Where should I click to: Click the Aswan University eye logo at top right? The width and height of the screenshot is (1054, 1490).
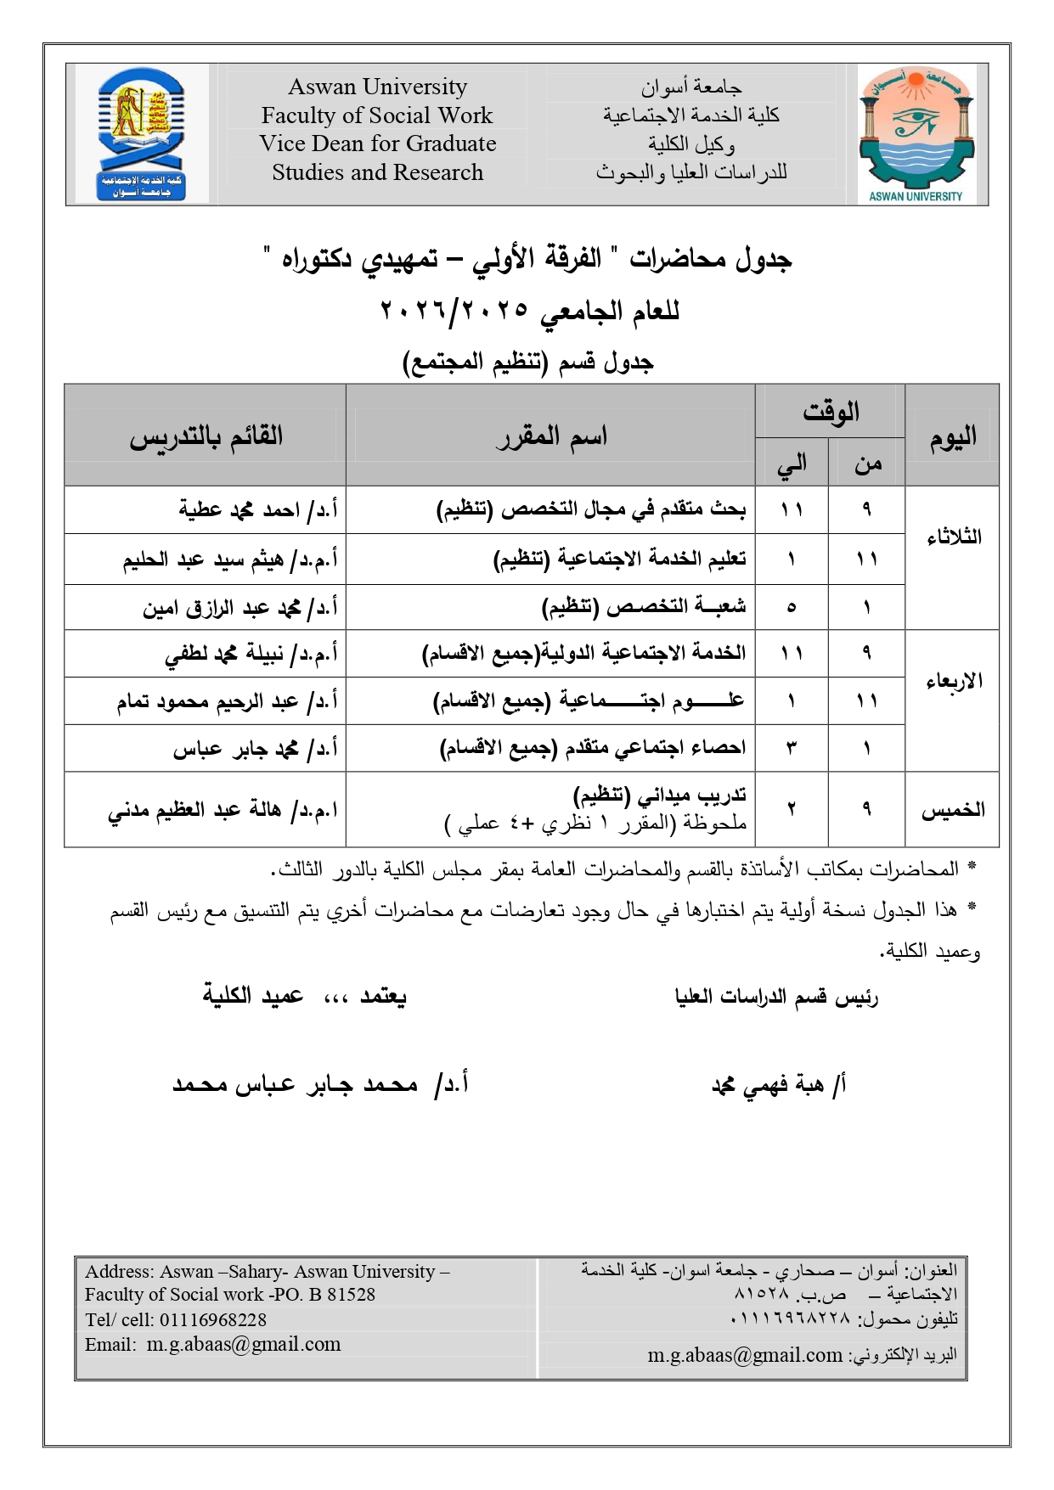(915, 133)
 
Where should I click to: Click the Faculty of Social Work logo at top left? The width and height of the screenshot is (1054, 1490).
(142, 133)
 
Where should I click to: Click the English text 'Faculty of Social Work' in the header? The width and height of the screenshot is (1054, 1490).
(377, 115)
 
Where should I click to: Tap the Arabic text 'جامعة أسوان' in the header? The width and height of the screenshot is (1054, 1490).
(691, 87)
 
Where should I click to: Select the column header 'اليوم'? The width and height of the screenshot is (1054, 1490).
(952, 436)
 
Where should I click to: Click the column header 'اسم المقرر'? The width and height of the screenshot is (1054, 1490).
(551, 436)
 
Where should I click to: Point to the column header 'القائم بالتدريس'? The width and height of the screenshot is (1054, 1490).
(206, 436)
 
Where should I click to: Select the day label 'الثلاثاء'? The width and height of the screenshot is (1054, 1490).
(953, 537)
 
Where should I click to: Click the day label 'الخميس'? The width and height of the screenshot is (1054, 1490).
(953, 810)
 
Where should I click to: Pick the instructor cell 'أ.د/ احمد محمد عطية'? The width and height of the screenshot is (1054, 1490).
(258, 510)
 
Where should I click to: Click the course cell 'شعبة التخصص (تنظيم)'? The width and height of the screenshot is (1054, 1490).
(644, 607)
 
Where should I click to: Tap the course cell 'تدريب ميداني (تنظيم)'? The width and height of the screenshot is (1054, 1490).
(660, 796)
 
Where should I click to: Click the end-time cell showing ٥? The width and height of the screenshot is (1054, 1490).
(792, 607)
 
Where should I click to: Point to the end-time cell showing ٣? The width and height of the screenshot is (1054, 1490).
(792, 749)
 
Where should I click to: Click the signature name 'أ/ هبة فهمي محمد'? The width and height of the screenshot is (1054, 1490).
(778, 1085)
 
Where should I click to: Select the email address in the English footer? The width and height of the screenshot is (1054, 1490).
(244, 1344)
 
